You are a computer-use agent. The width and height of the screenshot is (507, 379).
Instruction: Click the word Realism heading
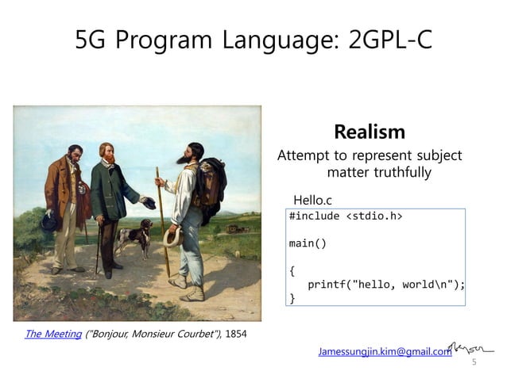coord(370,132)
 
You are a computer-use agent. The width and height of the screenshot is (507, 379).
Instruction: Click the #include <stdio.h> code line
coord(345,216)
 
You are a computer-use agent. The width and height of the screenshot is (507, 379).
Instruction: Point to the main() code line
coord(308,243)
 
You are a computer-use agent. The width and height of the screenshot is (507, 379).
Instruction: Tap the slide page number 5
coord(474,362)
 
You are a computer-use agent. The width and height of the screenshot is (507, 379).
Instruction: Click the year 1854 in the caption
coord(236,334)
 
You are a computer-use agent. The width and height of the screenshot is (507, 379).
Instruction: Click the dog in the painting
coord(135,237)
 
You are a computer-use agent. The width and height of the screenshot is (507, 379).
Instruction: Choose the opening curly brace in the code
coord(292,270)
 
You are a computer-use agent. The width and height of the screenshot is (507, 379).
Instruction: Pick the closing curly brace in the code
coord(292,299)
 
